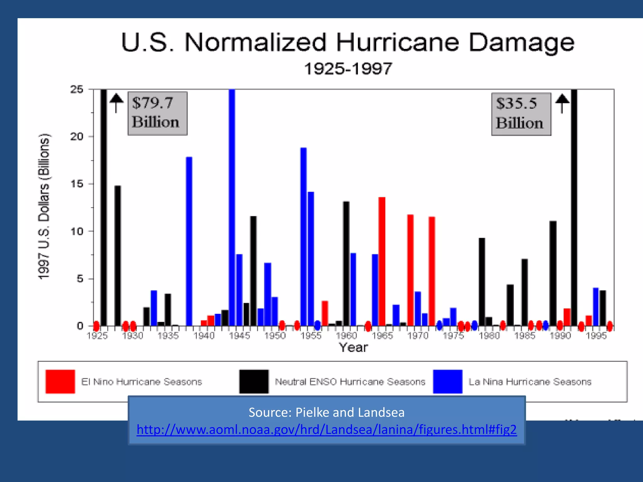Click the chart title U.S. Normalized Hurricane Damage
pos(348,43)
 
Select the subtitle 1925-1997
pos(348,68)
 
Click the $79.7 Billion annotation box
pos(157,113)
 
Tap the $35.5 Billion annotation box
pos(521,114)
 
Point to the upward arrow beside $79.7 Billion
pos(116,103)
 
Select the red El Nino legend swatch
pos(60,381)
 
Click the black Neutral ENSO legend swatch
pos(254,381)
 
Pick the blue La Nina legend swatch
pos(447,381)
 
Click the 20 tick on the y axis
pos(77,137)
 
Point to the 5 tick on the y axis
pos(80,279)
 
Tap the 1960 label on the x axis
pos(347,336)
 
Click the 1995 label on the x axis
pos(596,336)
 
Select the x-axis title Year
pos(353,347)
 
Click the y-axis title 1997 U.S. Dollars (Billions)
pos(44,206)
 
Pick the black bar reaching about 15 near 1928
pos(118,255)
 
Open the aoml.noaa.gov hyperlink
pos(327,429)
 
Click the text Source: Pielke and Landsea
pos(327,412)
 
